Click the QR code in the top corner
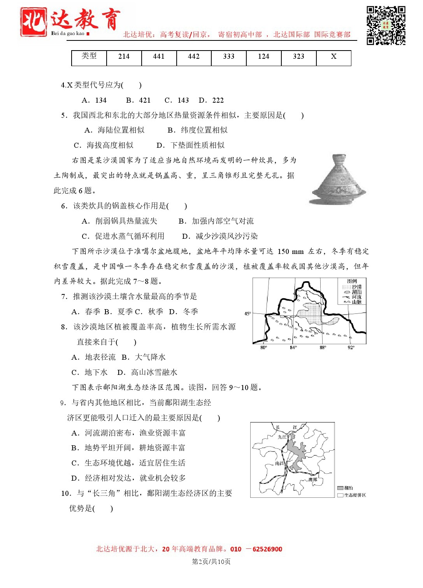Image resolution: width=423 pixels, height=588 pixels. click(386, 25)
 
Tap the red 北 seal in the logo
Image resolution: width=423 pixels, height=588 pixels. click(33, 23)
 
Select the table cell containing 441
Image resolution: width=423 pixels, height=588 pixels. click(159, 57)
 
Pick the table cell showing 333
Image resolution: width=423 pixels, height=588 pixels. click(229, 57)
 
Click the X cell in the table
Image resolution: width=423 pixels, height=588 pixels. click(333, 57)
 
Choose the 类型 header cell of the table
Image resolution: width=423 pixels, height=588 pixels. click(89, 56)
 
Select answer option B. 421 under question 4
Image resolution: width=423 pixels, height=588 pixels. click(138, 100)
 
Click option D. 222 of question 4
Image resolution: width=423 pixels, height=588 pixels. click(211, 100)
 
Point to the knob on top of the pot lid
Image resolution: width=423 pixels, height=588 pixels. click(338, 158)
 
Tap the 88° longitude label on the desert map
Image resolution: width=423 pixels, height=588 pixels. click(323, 347)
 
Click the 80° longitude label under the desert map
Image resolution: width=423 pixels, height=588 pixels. click(263, 347)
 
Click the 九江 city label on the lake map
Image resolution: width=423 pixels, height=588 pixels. click(282, 437)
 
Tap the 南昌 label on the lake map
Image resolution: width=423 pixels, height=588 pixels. click(279, 463)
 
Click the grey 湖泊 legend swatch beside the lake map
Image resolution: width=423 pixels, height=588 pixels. click(340, 488)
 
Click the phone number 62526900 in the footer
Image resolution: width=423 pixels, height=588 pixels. click(267, 549)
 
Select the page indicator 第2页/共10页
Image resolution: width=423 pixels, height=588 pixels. click(211, 561)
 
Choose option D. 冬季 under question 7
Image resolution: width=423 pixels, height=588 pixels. click(184, 311)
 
